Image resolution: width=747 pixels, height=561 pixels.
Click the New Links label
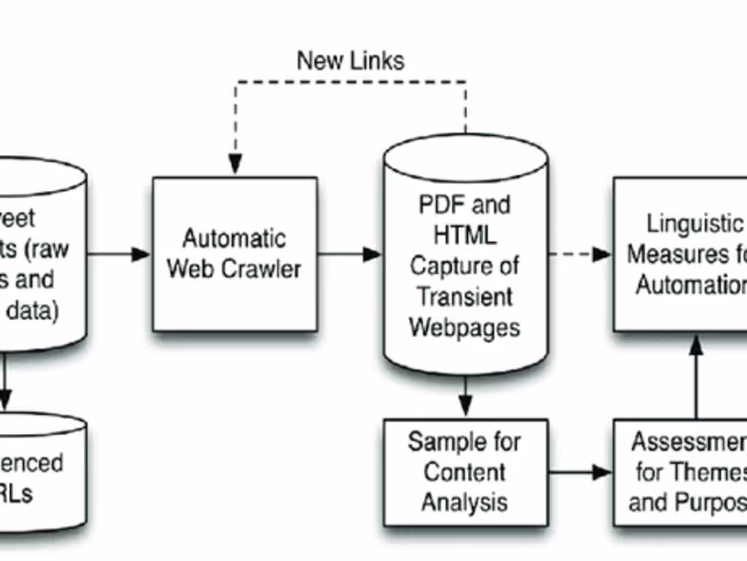pyautogui.click(x=350, y=61)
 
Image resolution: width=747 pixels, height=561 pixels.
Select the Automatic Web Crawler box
pyautogui.click(x=234, y=254)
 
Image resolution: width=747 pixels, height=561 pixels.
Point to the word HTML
pyautogui.click(x=465, y=236)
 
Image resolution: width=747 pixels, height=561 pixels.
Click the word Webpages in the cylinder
pyautogui.click(x=465, y=327)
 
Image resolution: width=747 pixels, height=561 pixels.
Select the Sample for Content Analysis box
pyautogui.click(x=465, y=473)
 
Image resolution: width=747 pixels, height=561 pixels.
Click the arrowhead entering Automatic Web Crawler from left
pyautogui.click(x=141, y=254)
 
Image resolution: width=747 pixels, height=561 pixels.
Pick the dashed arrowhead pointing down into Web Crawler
pyautogui.click(x=235, y=164)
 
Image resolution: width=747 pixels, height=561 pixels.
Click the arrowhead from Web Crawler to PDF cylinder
pyautogui.click(x=372, y=254)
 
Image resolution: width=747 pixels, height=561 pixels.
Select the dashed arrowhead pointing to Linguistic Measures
pyautogui.click(x=602, y=254)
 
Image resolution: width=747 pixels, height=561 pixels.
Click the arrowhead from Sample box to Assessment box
pyautogui.click(x=602, y=472)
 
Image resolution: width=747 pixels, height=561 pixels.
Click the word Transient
pyautogui.click(x=465, y=297)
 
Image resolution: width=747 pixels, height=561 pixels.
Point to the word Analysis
pyautogui.click(x=464, y=503)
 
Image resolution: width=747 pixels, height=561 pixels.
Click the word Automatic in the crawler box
pyautogui.click(x=234, y=239)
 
